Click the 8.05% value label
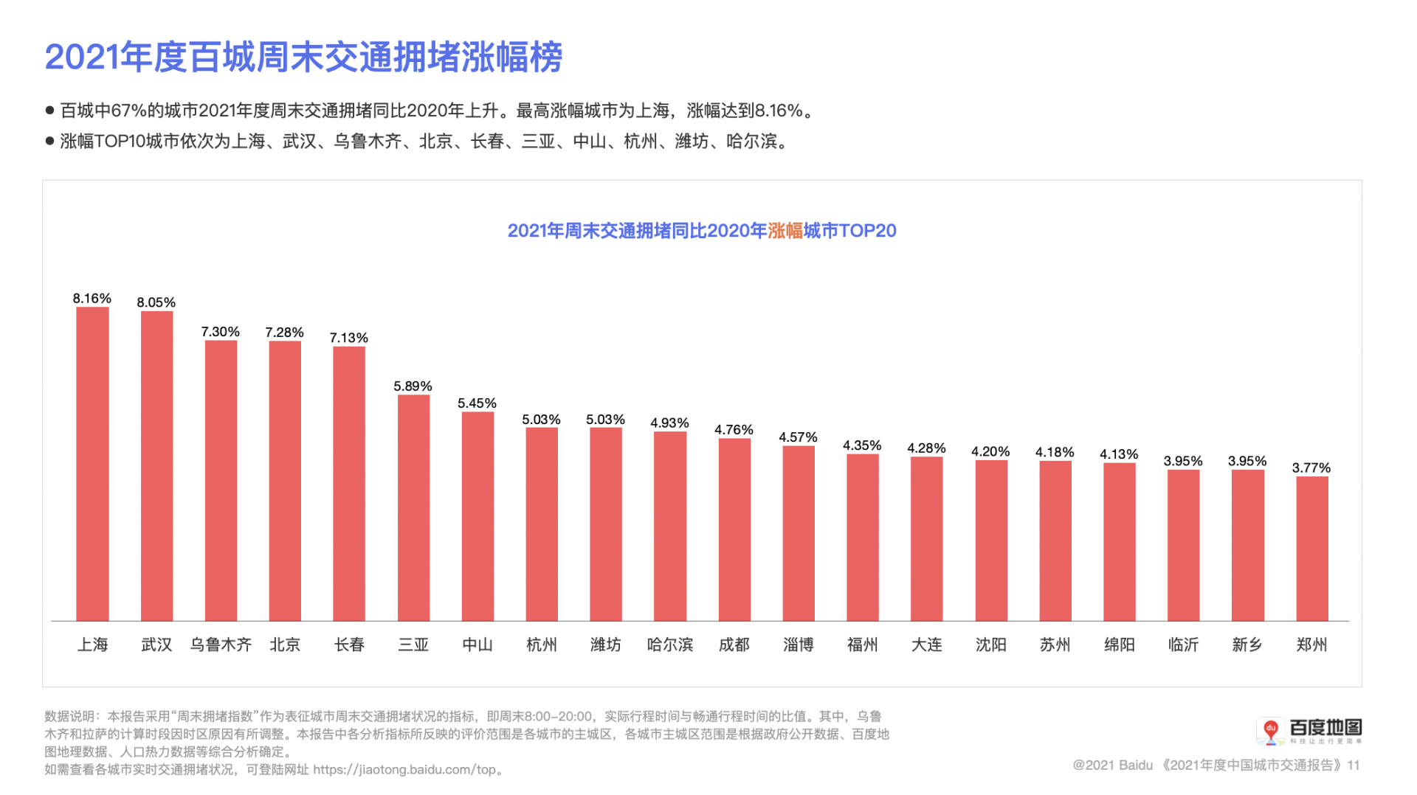[x=156, y=302]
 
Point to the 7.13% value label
[x=348, y=338]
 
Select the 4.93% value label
[x=669, y=423]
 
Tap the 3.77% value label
[x=1311, y=468]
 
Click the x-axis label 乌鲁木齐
[x=221, y=645]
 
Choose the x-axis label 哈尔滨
[x=669, y=645]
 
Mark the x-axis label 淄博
[x=798, y=645]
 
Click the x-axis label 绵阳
[x=1119, y=645]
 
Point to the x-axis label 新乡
[x=1247, y=645]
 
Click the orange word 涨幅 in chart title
[x=785, y=231]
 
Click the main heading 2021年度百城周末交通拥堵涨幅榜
[x=303, y=57]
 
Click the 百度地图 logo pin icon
[x=1270, y=731]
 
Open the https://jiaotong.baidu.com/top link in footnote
[x=404, y=769]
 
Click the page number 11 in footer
[x=1353, y=765]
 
